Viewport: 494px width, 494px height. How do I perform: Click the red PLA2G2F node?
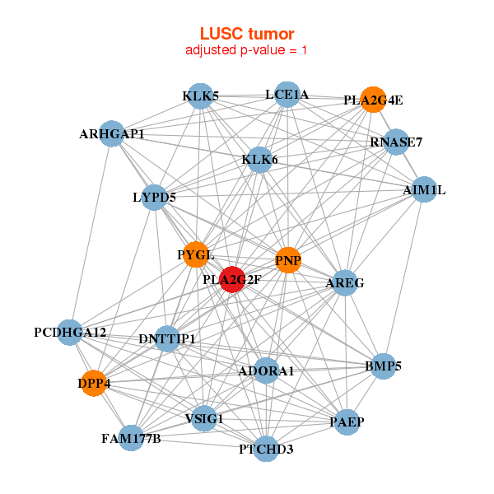click(232, 279)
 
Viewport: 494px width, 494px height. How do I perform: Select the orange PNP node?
click(288, 260)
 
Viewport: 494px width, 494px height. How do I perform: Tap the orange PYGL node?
click(196, 254)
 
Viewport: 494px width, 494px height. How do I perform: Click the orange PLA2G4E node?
click(373, 100)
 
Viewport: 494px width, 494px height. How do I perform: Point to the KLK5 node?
click(200, 96)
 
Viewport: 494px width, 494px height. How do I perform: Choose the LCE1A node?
click(287, 95)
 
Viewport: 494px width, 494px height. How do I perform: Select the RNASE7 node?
click(396, 142)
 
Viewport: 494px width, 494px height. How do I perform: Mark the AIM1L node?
click(424, 189)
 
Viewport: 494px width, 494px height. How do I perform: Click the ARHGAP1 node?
click(112, 133)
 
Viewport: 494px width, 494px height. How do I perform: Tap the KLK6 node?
click(259, 159)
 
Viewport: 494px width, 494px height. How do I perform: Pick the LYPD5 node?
click(154, 197)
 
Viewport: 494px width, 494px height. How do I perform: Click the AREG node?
click(344, 282)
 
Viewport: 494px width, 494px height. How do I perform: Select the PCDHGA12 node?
click(70, 333)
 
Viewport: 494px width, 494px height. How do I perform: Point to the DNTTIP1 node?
click(167, 338)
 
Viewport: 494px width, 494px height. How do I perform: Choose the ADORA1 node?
click(266, 371)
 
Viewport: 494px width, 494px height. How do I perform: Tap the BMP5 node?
click(383, 366)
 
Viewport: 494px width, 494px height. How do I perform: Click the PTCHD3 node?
click(266, 449)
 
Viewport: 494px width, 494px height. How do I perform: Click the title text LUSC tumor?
click(247, 34)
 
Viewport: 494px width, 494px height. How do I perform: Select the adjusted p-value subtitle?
click(247, 50)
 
